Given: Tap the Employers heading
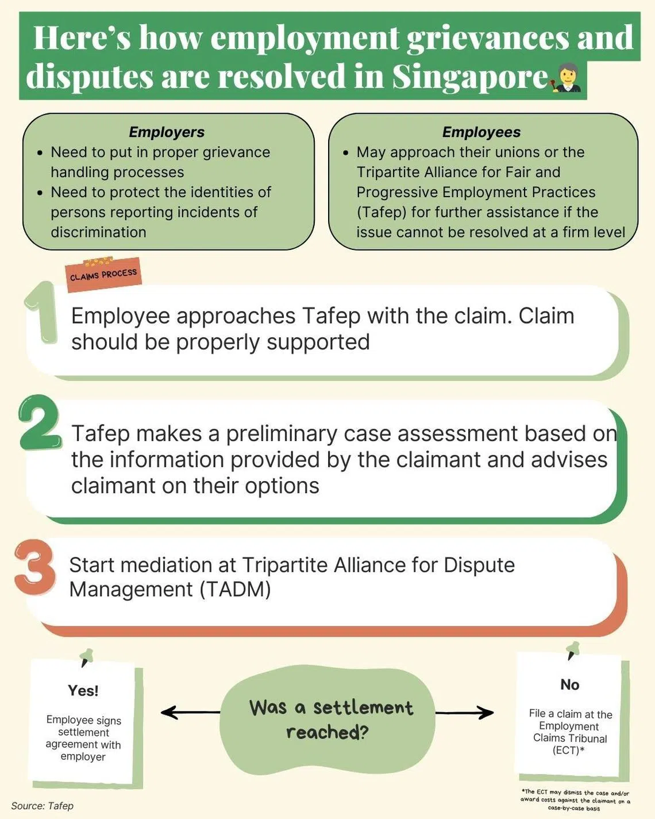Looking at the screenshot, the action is (x=167, y=132).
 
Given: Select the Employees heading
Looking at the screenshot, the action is (x=481, y=132).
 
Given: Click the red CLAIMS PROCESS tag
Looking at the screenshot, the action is (x=103, y=274).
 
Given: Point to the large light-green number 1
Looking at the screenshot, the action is (x=41, y=312).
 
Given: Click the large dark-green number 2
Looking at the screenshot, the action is (x=39, y=422).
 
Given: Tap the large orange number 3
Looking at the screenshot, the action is (x=35, y=567).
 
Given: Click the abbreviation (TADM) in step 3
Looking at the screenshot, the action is (x=235, y=590).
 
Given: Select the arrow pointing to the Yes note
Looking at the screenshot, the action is (x=190, y=712).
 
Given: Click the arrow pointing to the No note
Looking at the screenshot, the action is (x=464, y=712).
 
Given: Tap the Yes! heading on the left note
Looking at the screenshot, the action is (x=83, y=690).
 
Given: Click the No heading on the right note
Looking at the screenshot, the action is (x=570, y=685).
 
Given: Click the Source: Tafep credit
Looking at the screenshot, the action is (x=43, y=806).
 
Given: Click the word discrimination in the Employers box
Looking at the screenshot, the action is (x=99, y=232).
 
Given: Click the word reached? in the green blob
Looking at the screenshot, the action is (x=327, y=732).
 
